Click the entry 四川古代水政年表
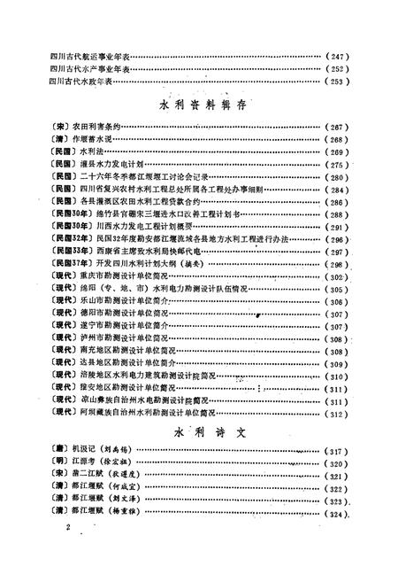click(x=87, y=81)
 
